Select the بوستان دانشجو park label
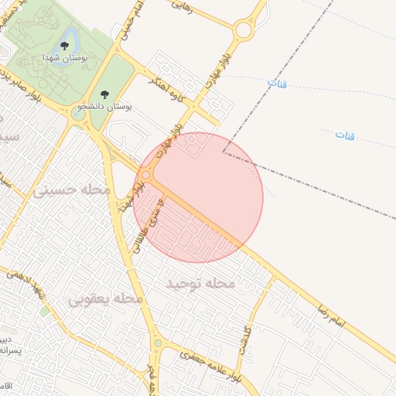pos(106,105)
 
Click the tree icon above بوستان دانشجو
pos(105,94)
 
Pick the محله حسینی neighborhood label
pos(71,189)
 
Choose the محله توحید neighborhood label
pos(200,284)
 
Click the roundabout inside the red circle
pos(145,176)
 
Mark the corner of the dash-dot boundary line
pos(224,152)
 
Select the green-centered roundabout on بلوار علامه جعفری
pos(158,343)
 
